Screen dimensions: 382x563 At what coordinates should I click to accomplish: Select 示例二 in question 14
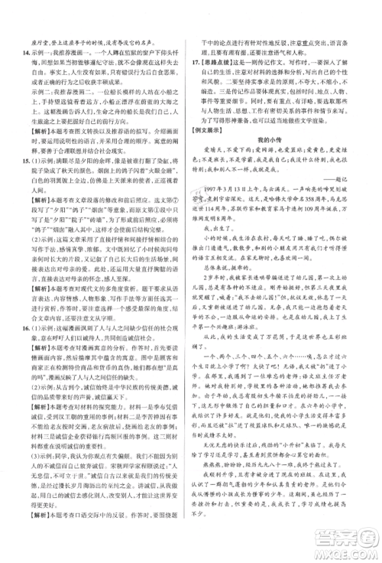tap(35, 109)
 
